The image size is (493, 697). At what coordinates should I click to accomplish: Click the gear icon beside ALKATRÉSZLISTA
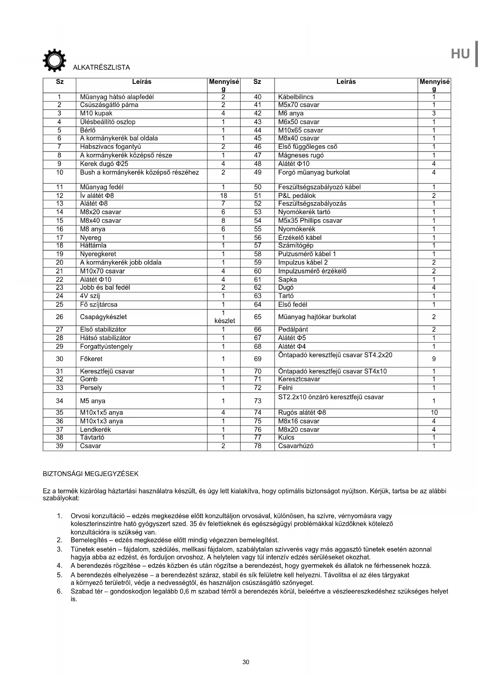pos(54,60)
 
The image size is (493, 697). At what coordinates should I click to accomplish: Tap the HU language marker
pos(460,54)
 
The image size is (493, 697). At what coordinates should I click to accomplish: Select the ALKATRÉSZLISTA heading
pos(101,68)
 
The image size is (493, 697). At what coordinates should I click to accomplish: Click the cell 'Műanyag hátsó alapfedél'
pos(117,97)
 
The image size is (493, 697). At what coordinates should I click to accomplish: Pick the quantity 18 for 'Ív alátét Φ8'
pos(223,196)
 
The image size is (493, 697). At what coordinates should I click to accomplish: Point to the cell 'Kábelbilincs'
pos(296,97)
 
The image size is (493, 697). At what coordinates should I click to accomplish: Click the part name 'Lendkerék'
pos(95,430)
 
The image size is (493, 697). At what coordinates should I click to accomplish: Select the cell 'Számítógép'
pos(296,246)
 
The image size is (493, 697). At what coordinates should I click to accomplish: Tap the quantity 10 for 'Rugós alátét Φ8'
pos(434,412)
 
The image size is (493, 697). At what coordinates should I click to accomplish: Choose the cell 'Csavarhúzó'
pos(296,446)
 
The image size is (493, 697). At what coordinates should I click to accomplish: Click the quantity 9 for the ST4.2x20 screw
pos(434,359)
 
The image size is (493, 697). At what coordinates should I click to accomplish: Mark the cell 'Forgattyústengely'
pos(106,347)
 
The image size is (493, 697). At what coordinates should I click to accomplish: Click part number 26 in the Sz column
pos(60,317)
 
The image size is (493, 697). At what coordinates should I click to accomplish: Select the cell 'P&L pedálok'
pos(297,196)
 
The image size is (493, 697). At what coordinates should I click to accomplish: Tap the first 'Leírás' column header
pos(141,82)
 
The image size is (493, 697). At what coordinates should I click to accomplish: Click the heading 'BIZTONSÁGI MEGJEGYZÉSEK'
pos(91,474)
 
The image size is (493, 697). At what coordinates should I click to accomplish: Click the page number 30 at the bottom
pos(246,662)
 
